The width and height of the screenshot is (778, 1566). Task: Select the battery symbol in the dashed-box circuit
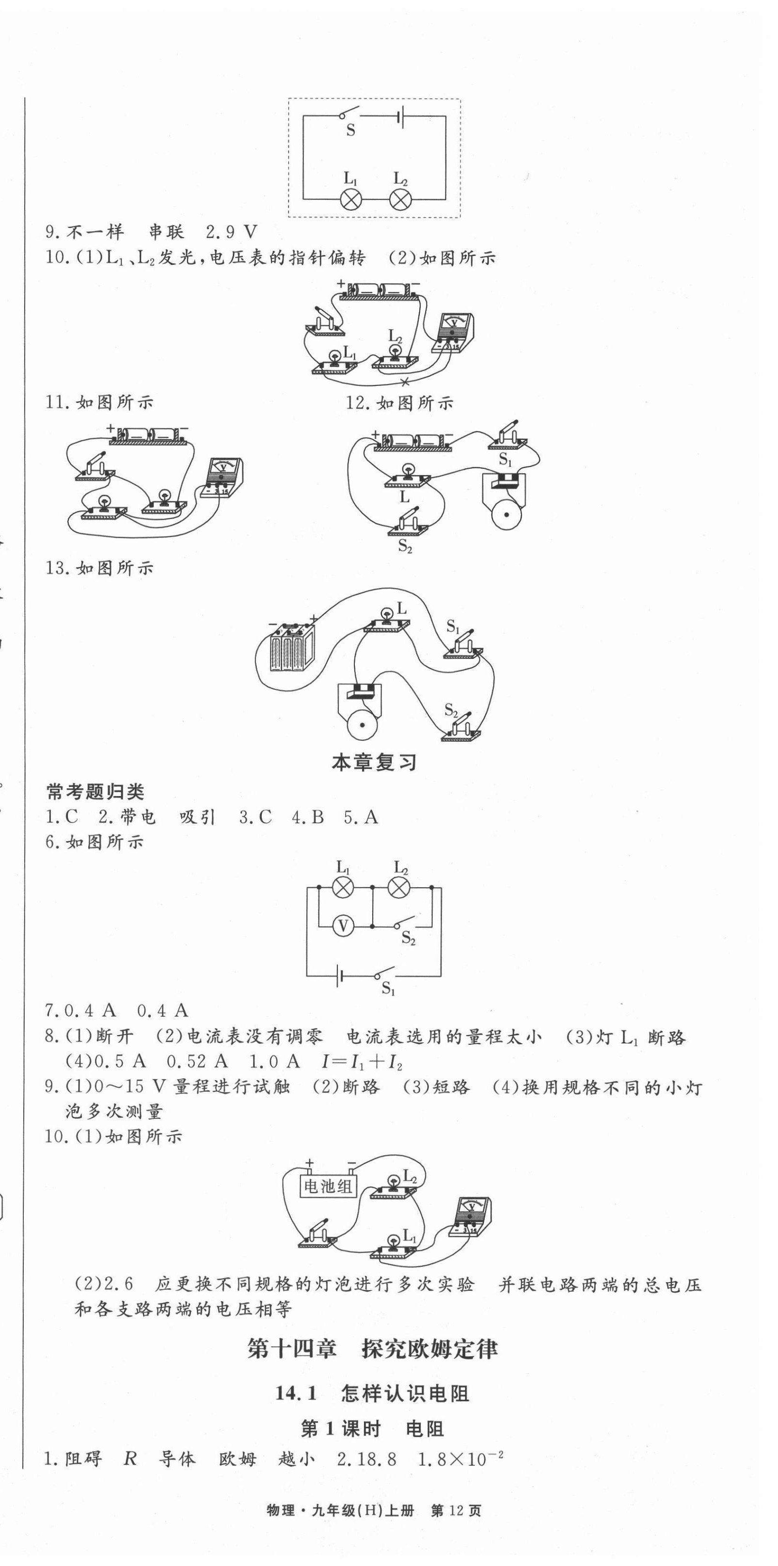pyautogui.click(x=399, y=117)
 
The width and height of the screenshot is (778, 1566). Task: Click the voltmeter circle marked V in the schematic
pyautogui.click(x=343, y=926)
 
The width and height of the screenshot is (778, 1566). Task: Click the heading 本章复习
pyautogui.click(x=374, y=762)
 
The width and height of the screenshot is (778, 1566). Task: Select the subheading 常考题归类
pyautogui.click(x=95, y=792)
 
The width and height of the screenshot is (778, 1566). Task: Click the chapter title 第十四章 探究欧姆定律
pyautogui.click(x=373, y=1349)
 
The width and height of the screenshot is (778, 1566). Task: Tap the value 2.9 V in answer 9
pyautogui.click(x=232, y=232)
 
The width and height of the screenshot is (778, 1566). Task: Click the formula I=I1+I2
pyautogui.click(x=362, y=1061)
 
